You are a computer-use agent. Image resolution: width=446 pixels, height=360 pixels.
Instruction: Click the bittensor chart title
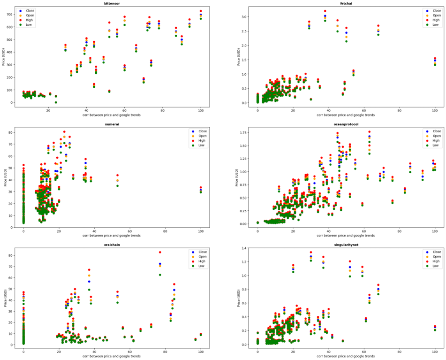(x=112, y=3)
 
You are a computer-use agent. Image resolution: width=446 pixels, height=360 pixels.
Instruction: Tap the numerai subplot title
(x=112, y=125)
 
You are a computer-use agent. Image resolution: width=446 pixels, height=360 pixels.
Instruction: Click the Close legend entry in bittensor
(x=26, y=10)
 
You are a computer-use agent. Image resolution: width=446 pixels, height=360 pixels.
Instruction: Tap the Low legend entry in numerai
(x=197, y=145)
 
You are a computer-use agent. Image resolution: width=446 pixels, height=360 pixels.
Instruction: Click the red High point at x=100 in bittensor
(x=201, y=11)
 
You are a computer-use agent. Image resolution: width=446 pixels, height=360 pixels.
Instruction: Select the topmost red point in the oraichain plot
(x=160, y=252)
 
